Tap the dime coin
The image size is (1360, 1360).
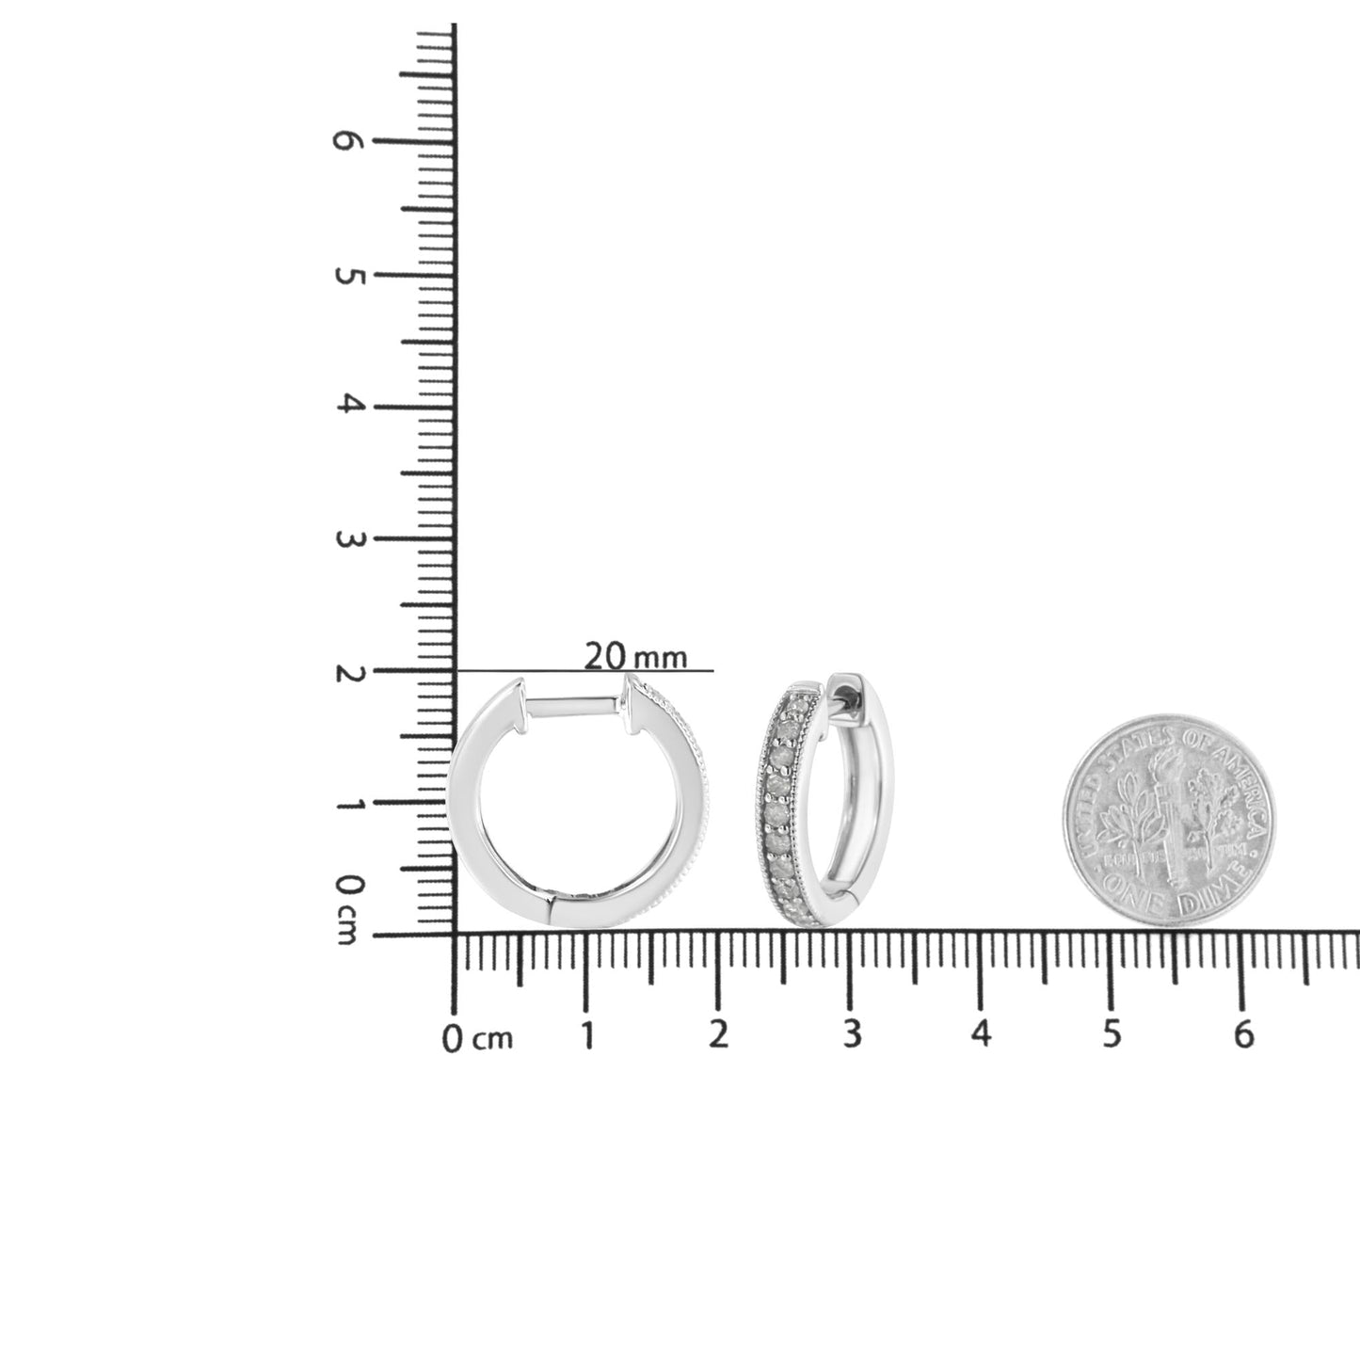point(1169,820)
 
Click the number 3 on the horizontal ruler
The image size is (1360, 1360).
point(851,1033)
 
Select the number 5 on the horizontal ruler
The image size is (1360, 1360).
point(1112,1033)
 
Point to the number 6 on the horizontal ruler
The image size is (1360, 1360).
point(1243,1033)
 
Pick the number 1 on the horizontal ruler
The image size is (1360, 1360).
point(587,1035)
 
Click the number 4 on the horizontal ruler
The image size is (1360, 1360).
point(982,1033)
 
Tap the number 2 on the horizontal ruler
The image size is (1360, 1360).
point(718,1033)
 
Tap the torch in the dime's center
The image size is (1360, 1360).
point(1167,809)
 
